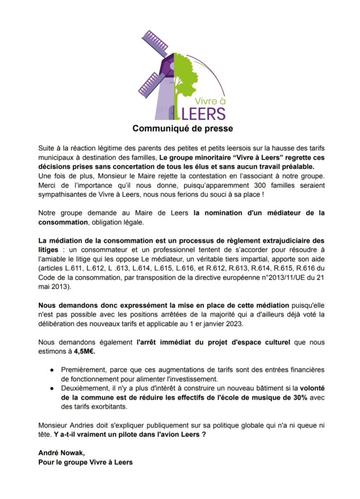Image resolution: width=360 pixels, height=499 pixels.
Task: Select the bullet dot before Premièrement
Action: tap(52, 370)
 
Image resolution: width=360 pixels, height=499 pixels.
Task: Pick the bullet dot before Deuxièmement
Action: tap(52, 389)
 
